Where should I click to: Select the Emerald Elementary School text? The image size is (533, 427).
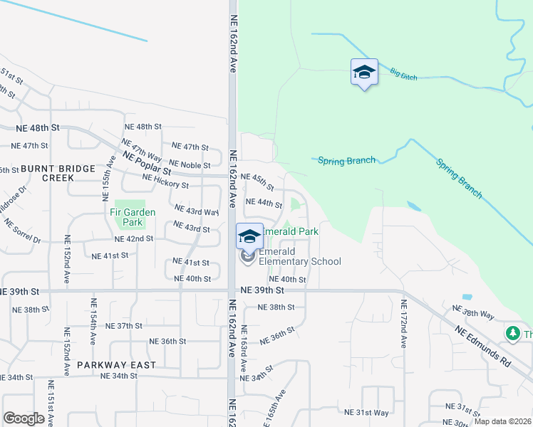point(299,256)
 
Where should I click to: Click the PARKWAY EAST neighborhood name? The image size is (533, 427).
point(115,364)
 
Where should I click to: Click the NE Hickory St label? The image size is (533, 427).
point(165,185)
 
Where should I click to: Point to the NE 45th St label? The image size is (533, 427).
point(257,181)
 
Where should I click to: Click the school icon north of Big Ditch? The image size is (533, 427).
point(364,72)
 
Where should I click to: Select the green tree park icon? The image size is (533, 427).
point(513,332)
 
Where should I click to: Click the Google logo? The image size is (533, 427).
point(24,418)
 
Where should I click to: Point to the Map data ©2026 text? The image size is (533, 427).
point(502,421)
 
